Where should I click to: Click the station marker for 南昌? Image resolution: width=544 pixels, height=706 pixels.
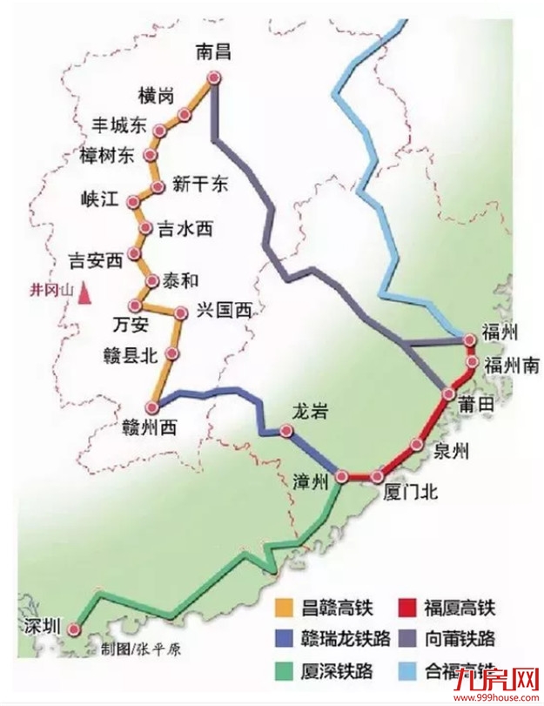tap(212, 79)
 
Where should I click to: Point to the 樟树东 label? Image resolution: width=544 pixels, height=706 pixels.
tap(107, 156)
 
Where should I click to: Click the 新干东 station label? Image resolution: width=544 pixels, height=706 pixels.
tap(199, 184)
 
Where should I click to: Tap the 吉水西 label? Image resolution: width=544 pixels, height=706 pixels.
tap(184, 229)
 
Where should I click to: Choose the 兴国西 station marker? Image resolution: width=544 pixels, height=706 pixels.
tap(181, 313)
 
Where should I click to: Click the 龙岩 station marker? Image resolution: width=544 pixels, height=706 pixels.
tap(286, 429)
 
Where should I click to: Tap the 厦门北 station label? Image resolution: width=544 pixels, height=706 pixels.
tap(410, 493)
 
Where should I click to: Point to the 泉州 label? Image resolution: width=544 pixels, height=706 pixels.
tap(452, 450)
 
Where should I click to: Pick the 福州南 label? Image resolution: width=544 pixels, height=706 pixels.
tap(512, 364)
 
